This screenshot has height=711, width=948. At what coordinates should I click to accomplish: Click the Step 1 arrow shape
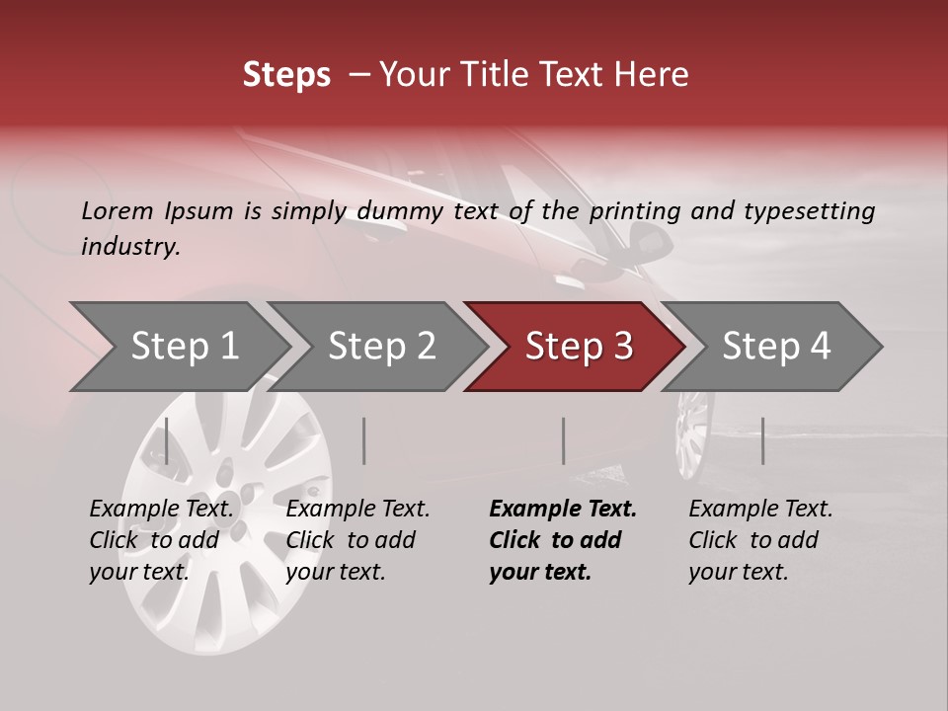[184, 347]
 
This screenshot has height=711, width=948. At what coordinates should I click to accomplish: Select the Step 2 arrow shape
[381, 347]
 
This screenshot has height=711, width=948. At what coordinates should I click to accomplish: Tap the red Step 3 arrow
[579, 347]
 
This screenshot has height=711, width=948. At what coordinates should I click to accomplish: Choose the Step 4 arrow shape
[776, 347]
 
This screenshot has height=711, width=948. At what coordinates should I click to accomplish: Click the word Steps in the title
[286, 75]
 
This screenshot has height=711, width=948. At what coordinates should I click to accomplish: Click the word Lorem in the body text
[118, 210]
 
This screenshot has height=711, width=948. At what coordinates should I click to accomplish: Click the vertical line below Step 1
[167, 440]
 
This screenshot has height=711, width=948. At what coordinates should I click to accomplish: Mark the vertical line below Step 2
[364, 440]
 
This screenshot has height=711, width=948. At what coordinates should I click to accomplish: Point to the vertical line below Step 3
[564, 440]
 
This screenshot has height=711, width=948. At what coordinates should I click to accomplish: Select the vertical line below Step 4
[763, 440]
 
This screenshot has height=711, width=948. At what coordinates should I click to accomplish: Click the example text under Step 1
[161, 540]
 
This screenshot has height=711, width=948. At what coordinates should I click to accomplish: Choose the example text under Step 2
[357, 540]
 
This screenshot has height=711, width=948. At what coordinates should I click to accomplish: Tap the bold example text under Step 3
[563, 540]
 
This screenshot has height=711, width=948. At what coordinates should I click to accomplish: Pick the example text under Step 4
[760, 540]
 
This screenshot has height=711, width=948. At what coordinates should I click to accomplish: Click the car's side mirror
[649, 239]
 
